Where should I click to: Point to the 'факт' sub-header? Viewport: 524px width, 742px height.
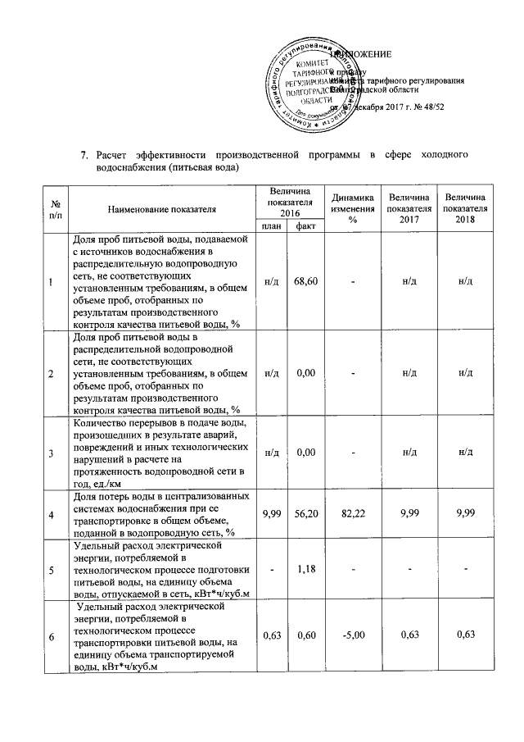307,226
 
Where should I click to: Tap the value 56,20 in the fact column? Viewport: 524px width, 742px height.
306,514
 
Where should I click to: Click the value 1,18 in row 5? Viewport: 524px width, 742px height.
306,568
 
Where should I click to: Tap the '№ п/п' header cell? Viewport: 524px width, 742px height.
53,209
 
